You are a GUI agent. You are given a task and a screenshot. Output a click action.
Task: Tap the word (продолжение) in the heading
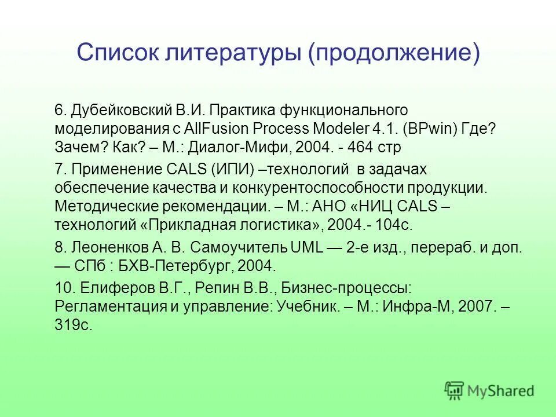(x=394, y=54)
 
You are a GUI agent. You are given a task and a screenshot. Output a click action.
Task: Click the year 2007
(x=475, y=307)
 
